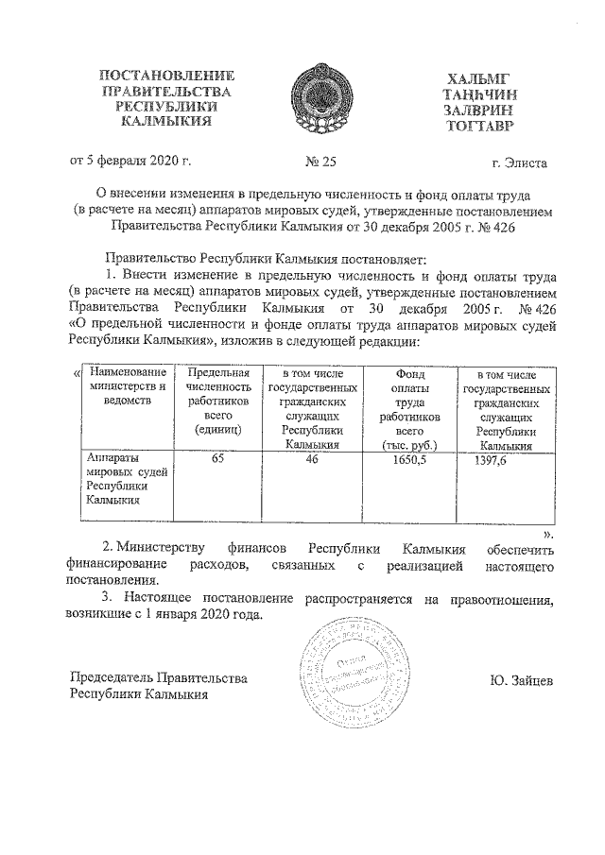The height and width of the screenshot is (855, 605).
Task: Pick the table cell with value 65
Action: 217,457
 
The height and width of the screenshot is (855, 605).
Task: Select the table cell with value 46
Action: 312,457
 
